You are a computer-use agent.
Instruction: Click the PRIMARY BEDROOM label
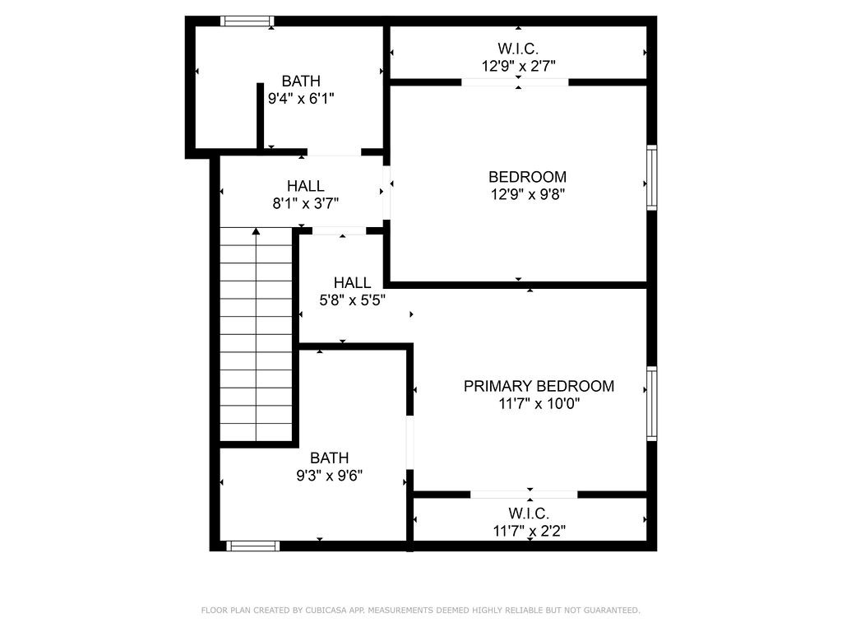539,386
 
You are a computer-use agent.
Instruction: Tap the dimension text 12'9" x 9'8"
527,195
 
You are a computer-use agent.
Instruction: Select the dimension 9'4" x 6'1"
301,99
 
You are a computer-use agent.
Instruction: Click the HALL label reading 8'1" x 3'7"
305,187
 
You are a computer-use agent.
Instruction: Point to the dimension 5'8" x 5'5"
352,300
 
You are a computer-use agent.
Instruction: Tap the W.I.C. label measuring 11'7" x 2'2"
528,514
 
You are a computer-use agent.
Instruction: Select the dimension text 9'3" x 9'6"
330,476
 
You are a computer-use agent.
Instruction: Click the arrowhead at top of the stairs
256,233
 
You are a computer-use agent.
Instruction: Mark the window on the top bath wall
248,21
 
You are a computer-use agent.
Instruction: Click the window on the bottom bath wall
252,546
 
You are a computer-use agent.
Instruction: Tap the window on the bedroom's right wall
651,178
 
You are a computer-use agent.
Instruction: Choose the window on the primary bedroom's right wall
651,403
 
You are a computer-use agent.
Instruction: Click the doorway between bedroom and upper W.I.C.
515,82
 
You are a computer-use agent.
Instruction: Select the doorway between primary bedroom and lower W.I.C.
524,495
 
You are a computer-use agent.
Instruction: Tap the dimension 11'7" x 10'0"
539,404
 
